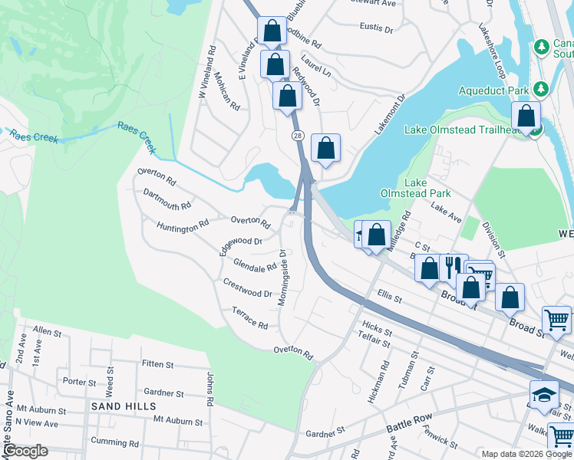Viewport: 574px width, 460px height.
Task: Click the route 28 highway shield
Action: (x=298, y=135)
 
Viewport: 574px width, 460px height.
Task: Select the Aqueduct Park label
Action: (x=494, y=90)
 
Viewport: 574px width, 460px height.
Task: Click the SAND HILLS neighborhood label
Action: (x=124, y=406)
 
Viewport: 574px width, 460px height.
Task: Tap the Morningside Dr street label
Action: (x=282, y=277)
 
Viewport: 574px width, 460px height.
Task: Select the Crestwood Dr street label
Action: (x=248, y=288)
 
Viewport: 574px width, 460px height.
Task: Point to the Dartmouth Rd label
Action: (x=167, y=201)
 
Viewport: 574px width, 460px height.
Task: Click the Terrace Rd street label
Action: (x=249, y=318)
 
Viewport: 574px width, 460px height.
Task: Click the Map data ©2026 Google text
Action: (x=526, y=454)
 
